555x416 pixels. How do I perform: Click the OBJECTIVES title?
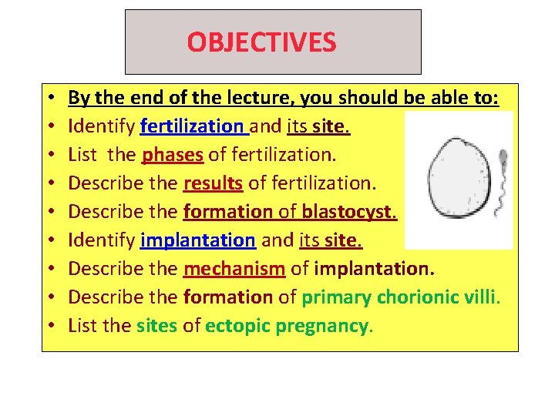coord(261,42)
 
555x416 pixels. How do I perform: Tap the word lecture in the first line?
coord(251,99)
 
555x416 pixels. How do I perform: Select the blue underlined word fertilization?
coord(191,126)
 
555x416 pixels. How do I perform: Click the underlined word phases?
coord(173,155)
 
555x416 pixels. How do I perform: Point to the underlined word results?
coord(213,183)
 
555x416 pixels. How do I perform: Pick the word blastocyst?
coord(348,212)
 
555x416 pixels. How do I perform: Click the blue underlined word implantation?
coord(197,240)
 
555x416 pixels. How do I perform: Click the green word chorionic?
coord(417,297)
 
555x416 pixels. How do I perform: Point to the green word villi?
coord(483,297)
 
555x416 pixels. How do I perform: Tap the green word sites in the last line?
coord(156,326)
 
